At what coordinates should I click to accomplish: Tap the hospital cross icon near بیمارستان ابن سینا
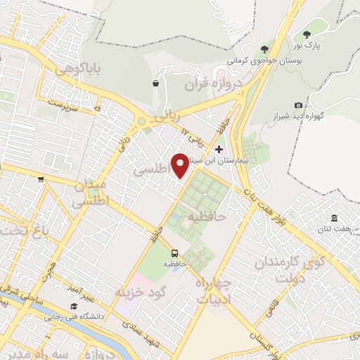[219, 149]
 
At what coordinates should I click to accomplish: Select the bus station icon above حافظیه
[174, 253]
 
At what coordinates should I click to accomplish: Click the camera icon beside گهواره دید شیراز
[299, 105]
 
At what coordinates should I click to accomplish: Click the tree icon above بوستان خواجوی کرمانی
[264, 49]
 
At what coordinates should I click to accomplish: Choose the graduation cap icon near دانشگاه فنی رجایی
[74, 306]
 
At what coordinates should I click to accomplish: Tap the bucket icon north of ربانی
[155, 84]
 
